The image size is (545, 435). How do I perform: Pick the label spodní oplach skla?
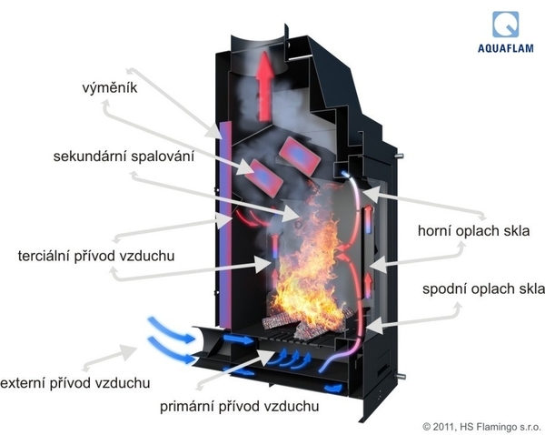point(482,289)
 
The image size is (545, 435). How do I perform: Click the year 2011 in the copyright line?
point(444,425)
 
